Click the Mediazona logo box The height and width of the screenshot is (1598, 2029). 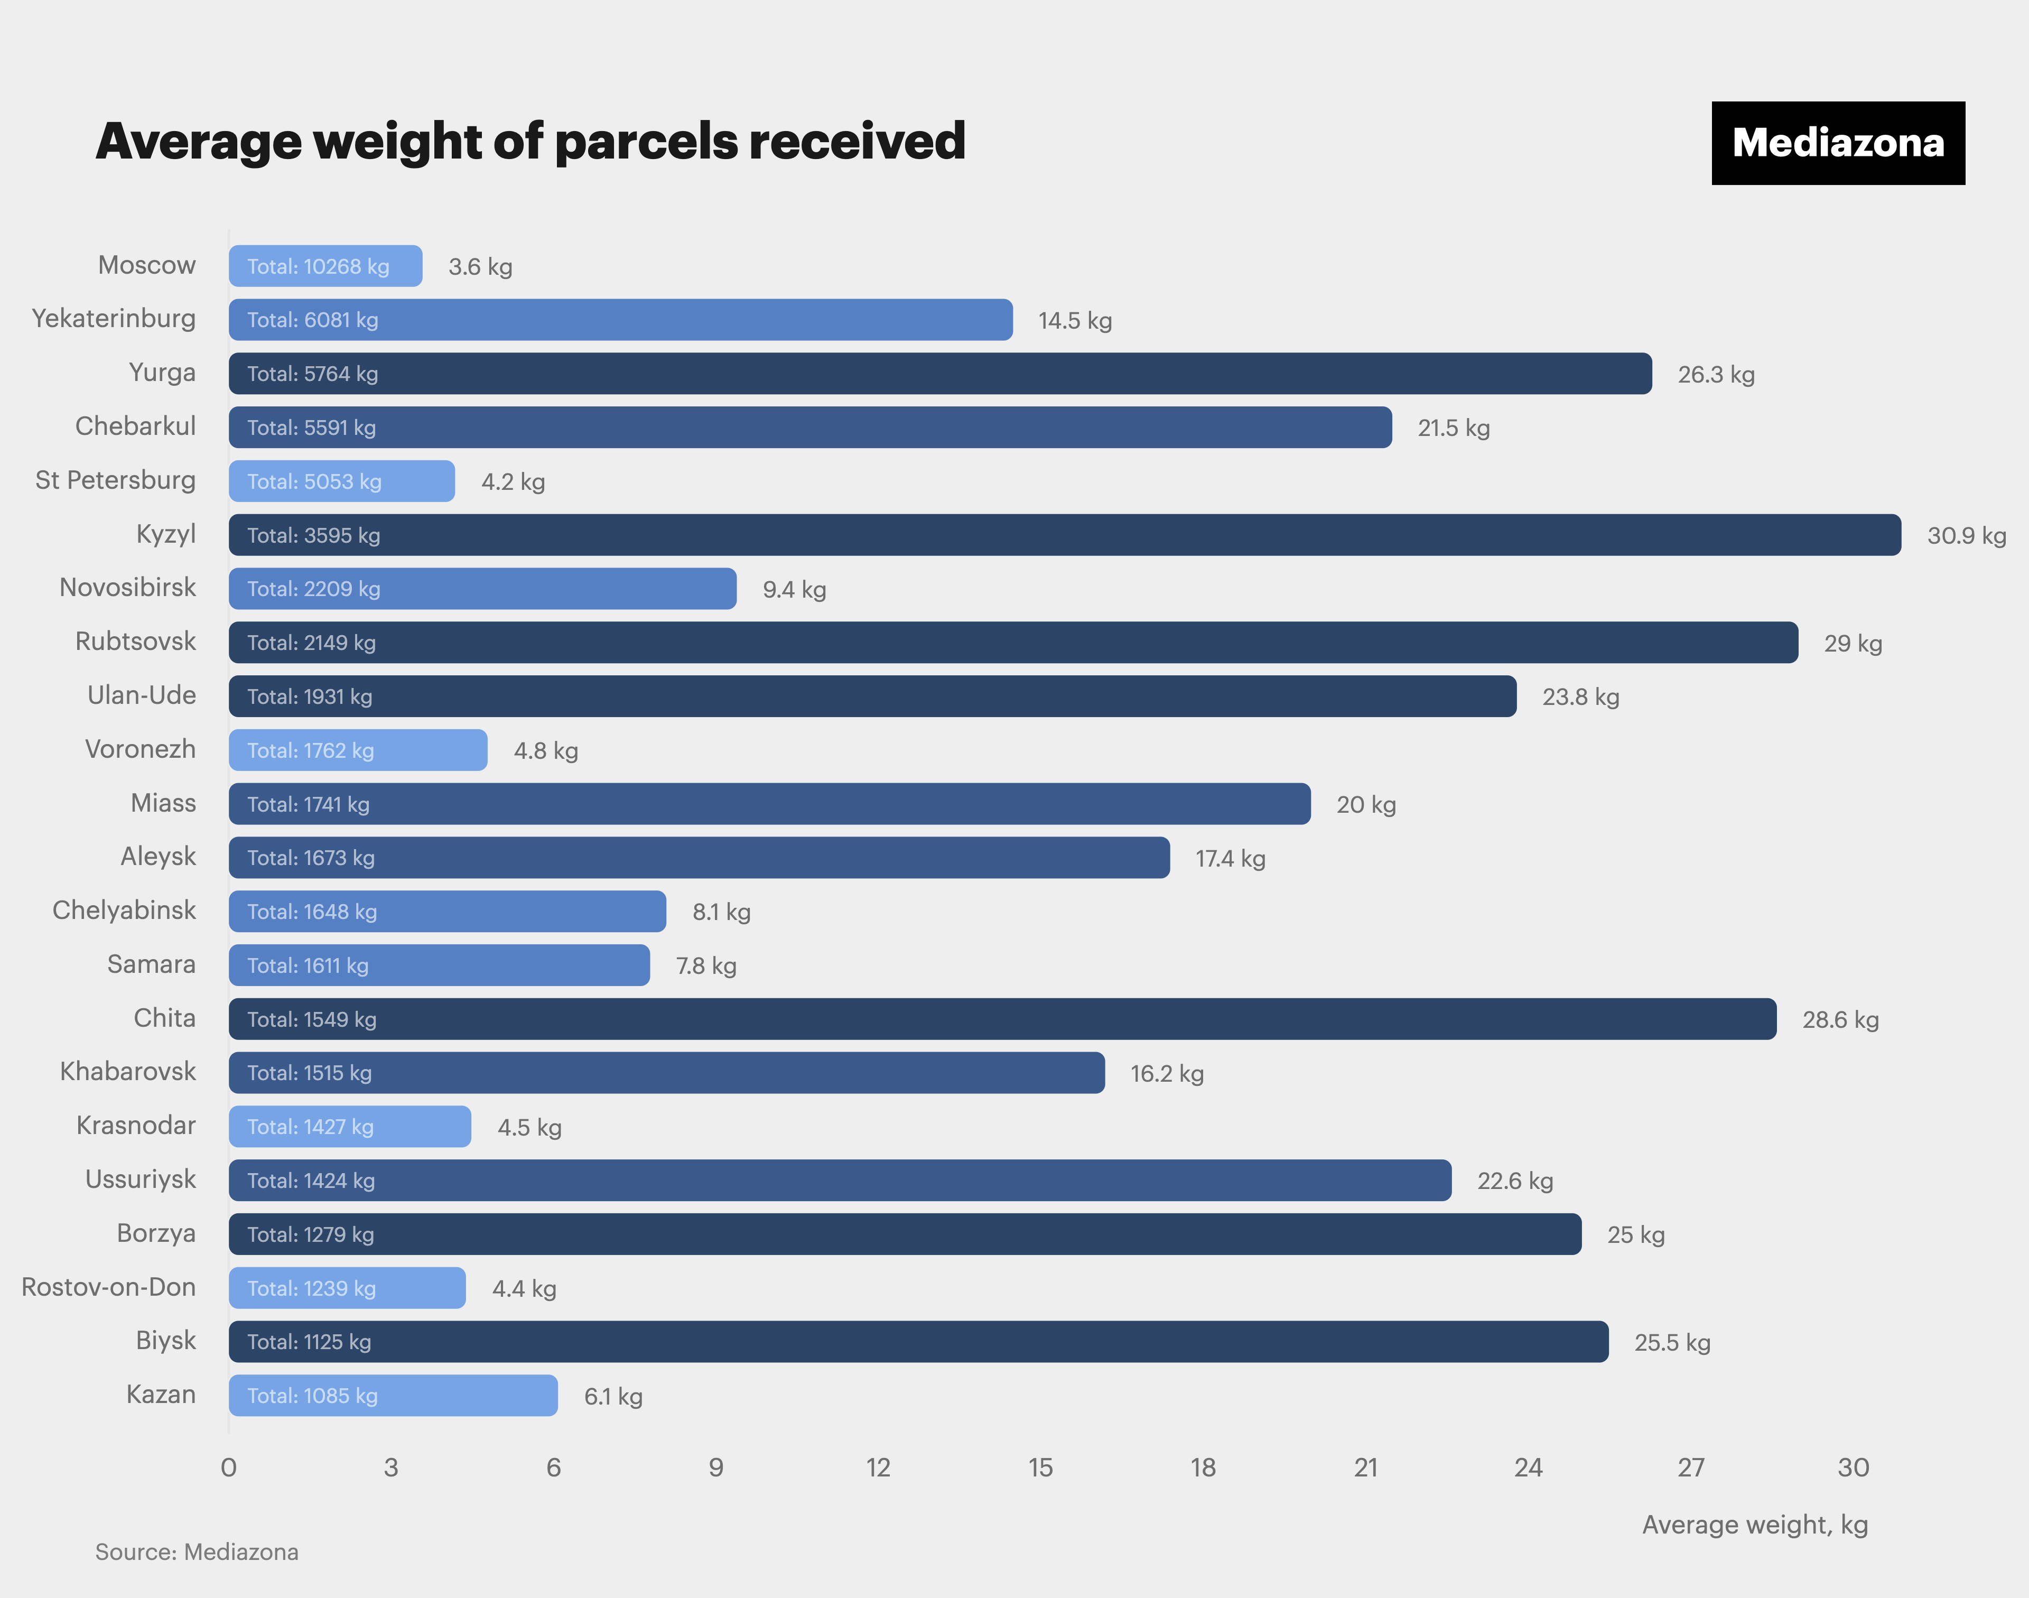(x=1837, y=143)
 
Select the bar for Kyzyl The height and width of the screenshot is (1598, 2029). (x=1065, y=535)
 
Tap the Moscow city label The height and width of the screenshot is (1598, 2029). (x=147, y=266)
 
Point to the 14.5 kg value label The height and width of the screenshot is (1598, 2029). (x=1075, y=321)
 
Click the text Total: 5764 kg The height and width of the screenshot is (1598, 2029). (x=312, y=374)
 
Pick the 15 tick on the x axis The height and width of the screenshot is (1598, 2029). (x=1040, y=1467)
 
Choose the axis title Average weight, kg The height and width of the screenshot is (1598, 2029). (x=1755, y=1525)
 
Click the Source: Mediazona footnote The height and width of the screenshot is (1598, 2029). (x=197, y=1552)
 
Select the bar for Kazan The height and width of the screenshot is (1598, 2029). (x=393, y=1396)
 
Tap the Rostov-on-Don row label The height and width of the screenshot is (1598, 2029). (x=108, y=1287)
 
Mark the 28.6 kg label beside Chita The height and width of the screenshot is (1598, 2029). (x=1840, y=1020)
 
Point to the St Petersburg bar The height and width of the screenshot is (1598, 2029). (x=341, y=482)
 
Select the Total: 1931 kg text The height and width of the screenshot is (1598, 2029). (x=310, y=697)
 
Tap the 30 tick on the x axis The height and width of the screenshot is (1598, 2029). (x=1853, y=1467)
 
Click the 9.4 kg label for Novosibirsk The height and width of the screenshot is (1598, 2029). (x=794, y=589)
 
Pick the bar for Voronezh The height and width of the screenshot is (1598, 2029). (x=357, y=750)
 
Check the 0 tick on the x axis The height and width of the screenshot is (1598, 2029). (x=228, y=1467)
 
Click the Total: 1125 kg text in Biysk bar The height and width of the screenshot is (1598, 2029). (x=309, y=1343)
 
